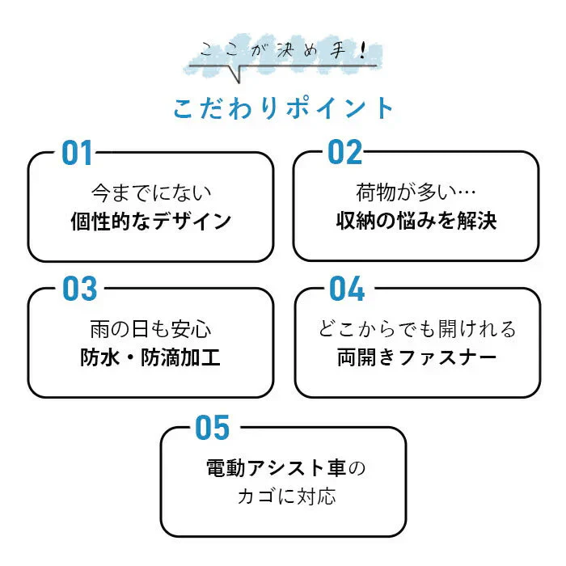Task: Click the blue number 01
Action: tap(77, 153)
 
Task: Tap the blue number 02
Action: tap(344, 152)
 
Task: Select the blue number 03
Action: tap(80, 289)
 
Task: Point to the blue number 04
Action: tap(347, 289)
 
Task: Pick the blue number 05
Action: tap(212, 428)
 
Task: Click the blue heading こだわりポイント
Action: tap(283, 108)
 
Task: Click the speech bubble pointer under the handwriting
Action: tap(235, 74)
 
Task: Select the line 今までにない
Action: tap(151, 192)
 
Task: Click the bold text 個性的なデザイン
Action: tap(151, 221)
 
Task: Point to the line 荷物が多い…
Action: tap(416, 192)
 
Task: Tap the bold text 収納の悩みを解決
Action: tap(416, 220)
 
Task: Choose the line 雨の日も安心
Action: tap(150, 329)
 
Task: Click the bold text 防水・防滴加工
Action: tap(150, 357)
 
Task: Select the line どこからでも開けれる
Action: tap(417, 329)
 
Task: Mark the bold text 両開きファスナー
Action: tap(417, 357)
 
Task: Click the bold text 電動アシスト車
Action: tap(277, 468)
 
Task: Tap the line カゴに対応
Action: tap(286, 496)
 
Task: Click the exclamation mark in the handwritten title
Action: tap(362, 50)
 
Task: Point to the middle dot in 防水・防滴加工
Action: tap(130, 357)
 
